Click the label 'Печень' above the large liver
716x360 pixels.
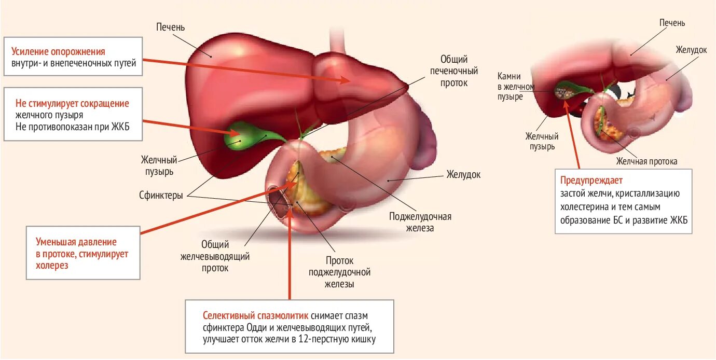click(x=170, y=27)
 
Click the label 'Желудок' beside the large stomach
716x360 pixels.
click(x=463, y=174)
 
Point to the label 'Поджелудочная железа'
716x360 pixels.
click(x=420, y=222)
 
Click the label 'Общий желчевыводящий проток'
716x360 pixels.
click(x=215, y=256)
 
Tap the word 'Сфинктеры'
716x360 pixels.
click(x=161, y=196)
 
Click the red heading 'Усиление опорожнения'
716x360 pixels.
click(x=58, y=52)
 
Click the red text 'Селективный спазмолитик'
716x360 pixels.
click(x=256, y=315)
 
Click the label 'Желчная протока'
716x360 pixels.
click(x=646, y=161)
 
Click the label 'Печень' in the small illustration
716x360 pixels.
click(x=672, y=23)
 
